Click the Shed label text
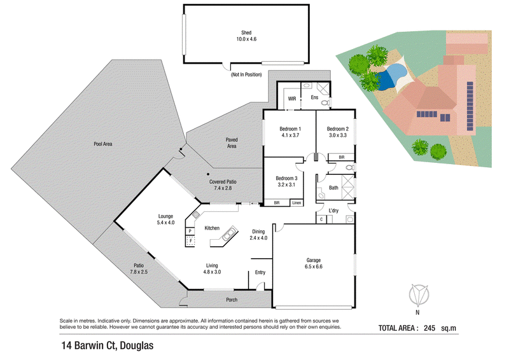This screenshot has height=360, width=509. point(246,32)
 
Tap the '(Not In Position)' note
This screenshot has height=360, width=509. point(246,74)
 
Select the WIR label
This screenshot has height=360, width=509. point(292,99)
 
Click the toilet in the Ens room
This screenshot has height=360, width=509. point(326,103)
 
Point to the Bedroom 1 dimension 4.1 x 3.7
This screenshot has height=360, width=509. point(290,135)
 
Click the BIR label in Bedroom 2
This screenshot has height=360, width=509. point(342,158)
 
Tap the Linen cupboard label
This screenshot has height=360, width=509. point(296,203)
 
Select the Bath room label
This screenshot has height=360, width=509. point(333,188)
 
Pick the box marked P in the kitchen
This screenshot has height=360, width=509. point(190,231)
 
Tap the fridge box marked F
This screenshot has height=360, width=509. point(190,241)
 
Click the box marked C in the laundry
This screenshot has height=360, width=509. point(321,219)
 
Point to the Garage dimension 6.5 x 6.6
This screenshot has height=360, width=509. point(314,267)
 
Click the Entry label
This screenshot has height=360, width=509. point(260,272)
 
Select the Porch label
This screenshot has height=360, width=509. point(232,300)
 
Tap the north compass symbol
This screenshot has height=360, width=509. point(418,295)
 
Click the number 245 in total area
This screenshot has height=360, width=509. point(429,328)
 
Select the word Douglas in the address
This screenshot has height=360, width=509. point(137,346)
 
